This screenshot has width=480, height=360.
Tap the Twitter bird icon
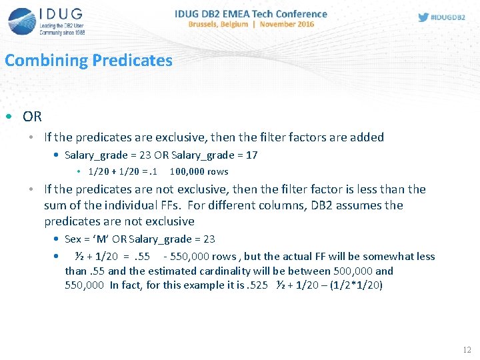coord(423,17)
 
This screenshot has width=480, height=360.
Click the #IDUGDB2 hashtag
coord(448,17)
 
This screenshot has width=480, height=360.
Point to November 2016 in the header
coord(287,24)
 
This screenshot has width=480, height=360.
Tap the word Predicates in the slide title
coord(133,61)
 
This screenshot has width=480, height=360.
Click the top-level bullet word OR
coord(32,117)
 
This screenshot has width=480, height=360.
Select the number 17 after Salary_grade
coord(251,155)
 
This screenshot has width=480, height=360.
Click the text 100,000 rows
coord(199,171)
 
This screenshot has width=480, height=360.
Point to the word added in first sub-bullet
coord(366,137)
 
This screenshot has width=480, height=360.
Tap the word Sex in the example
coord(73,239)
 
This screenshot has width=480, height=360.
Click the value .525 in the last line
coord(256,285)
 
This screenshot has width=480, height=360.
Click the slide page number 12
coord(466,350)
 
